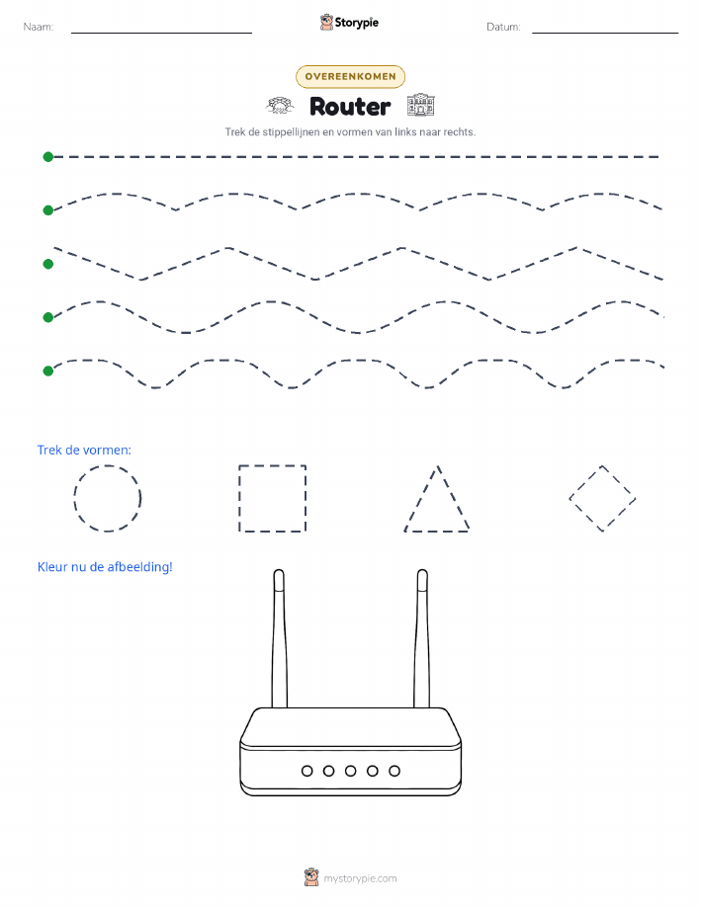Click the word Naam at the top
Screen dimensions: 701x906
(39, 27)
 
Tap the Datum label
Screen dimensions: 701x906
(503, 27)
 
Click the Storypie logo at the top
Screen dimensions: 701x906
(349, 23)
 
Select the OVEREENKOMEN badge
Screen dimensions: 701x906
(350, 76)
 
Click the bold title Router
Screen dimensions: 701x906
(350, 107)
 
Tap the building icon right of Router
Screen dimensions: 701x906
(420, 105)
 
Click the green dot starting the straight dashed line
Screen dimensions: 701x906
(48, 156)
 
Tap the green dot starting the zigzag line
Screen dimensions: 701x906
(48, 264)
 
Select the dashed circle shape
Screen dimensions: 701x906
(74, 498)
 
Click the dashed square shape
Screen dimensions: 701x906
(239, 498)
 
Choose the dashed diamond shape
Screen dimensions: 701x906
(585, 482)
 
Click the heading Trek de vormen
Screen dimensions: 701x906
(84, 451)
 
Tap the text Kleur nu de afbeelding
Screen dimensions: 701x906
(105, 567)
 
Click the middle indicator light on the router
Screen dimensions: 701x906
(350, 771)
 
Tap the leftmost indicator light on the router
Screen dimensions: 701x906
(307, 771)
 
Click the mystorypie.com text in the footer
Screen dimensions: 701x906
(360, 878)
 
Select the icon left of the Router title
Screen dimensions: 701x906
(280, 106)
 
